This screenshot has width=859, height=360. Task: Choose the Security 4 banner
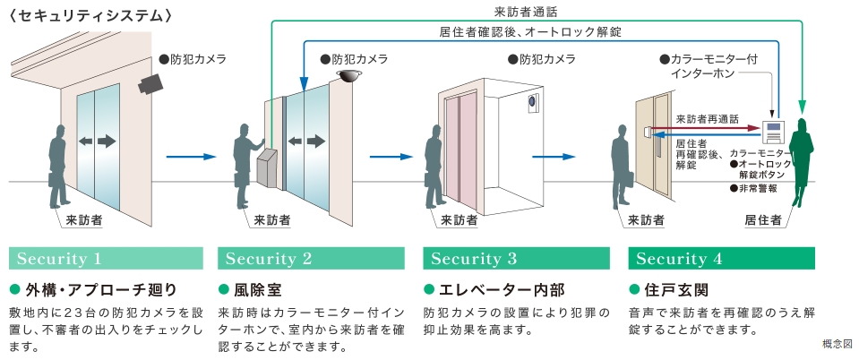click(x=721, y=259)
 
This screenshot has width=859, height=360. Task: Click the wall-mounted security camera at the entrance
click(x=150, y=83)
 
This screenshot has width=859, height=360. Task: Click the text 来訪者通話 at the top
click(x=525, y=12)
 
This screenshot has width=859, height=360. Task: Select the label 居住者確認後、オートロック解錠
click(x=530, y=31)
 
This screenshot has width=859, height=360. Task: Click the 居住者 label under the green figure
click(x=762, y=219)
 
